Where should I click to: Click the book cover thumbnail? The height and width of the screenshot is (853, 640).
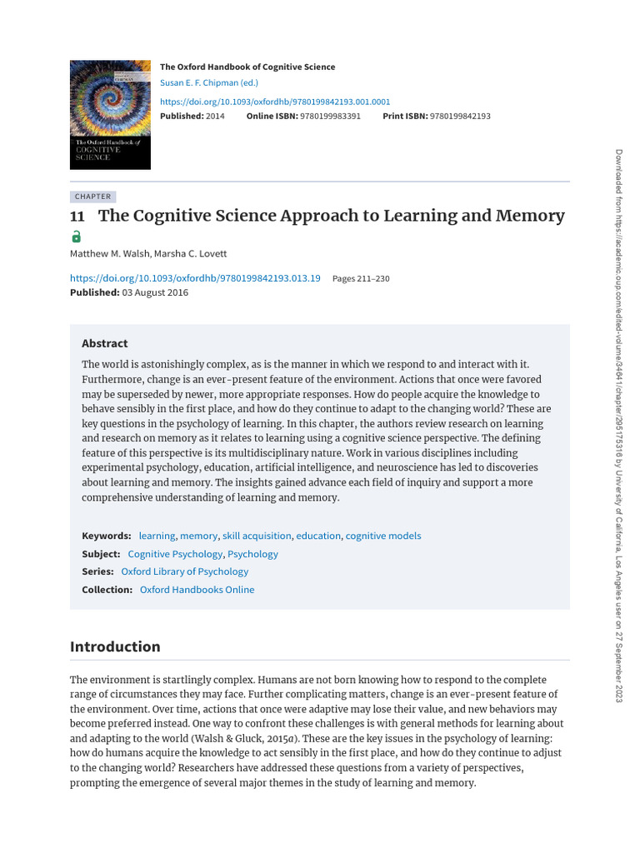(110, 114)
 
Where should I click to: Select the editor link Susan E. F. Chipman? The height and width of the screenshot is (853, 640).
(209, 82)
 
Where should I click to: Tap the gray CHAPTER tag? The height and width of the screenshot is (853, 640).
(92, 197)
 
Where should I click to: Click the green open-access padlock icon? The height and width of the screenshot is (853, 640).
(77, 237)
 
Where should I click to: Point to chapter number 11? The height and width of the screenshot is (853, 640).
(77, 217)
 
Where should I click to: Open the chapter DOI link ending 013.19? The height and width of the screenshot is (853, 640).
(195, 278)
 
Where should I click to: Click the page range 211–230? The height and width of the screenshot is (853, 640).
(361, 278)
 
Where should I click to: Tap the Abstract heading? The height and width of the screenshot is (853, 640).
(105, 343)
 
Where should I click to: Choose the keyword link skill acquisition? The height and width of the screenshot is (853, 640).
(257, 536)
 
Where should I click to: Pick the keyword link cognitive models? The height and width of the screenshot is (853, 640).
(383, 536)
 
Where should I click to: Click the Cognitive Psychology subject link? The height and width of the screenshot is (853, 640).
(175, 554)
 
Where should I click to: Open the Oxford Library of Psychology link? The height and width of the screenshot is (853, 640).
(185, 571)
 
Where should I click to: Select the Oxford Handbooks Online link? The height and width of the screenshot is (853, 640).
(197, 590)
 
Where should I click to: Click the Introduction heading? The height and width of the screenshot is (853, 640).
(115, 646)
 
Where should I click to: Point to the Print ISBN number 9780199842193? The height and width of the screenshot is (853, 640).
(460, 116)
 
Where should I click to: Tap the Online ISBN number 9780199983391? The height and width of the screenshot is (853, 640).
(331, 116)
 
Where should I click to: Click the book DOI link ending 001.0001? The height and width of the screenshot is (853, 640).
(275, 101)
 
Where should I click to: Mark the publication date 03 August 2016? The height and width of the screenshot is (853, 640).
(155, 292)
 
